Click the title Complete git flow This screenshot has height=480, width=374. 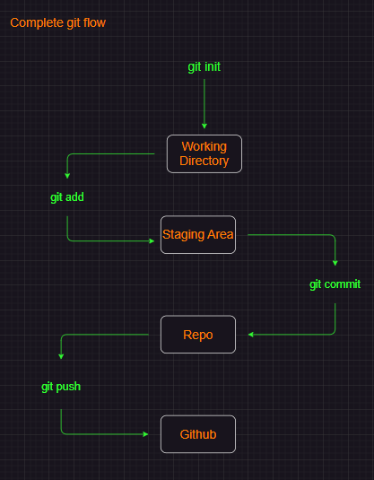click(57, 22)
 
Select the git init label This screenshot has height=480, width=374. click(204, 66)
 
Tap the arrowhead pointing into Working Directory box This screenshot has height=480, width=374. click(204, 127)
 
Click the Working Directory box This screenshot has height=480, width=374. click(204, 153)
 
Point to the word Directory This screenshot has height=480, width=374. click(204, 161)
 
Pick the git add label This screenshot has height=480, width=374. click(67, 197)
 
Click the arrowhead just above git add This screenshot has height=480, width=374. click(67, 178)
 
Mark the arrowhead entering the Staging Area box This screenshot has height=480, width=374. click(150, 240)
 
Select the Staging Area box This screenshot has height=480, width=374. click(198, 235)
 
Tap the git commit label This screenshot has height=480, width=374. click(335, 284)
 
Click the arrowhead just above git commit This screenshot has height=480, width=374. click(335, 264)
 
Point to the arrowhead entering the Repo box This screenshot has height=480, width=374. click(251, 335)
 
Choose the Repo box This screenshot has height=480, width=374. click(198, 335)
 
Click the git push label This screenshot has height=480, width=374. click(61, 387)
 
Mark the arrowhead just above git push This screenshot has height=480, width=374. click(61, 357)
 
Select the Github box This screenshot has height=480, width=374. click(198, 434)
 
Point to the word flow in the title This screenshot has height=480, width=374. click(93, 22)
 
